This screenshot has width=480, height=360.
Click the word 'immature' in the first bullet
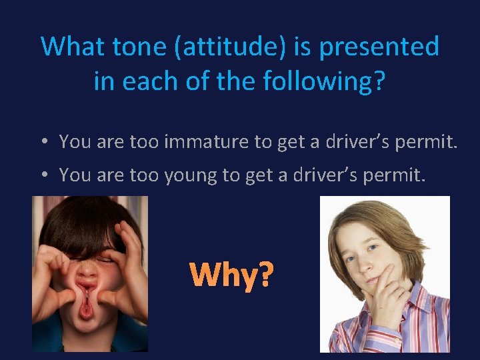tap(195, 141)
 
